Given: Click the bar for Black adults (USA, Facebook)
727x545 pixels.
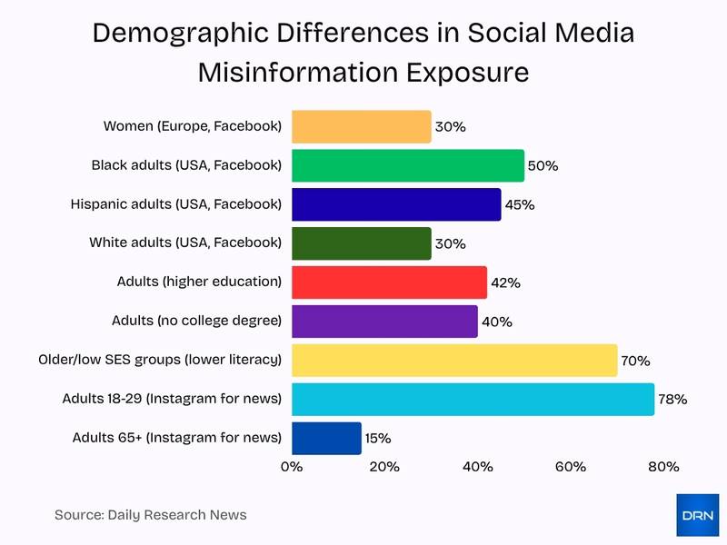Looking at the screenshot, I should coord(407,165).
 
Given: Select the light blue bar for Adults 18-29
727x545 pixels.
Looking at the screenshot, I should coord(473,399).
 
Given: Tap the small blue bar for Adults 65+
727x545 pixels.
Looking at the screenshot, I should coord(326,438).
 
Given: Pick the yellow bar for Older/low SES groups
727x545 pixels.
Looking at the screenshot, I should coord(453,360).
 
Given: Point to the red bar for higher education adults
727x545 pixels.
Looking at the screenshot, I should coord(389,282).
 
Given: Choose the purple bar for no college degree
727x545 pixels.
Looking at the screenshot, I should coord(384,321).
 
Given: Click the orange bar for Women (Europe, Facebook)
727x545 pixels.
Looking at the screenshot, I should coord(361,126).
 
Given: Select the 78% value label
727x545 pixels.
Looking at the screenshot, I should coord(672,400).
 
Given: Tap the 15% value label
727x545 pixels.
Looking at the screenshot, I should coord(378,439).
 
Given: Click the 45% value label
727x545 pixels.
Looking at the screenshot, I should coord(519,205).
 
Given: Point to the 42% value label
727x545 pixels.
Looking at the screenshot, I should coord(505,282).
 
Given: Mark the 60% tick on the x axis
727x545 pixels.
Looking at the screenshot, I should coord(570,467).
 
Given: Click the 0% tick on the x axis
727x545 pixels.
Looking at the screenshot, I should coord(291,467).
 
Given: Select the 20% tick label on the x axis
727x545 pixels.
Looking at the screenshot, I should coord(384,467).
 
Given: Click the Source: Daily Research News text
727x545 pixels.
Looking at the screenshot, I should coord(150,515).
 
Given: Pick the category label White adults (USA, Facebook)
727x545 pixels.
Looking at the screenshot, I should coord(185,243).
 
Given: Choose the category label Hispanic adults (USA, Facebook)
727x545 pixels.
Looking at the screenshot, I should coord(176,203).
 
